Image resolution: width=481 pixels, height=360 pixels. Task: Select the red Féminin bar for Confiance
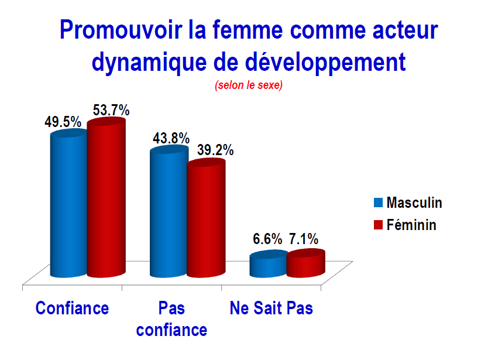pyautogui.click(x=106, y=198)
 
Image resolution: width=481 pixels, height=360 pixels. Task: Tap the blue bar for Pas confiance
pyautogui.click(x=169, y=211)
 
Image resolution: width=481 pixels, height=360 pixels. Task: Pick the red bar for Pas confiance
pyautogui.click(x=206, y=218)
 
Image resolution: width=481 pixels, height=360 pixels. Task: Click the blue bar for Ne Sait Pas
pyautogui.click(x=269, y=263)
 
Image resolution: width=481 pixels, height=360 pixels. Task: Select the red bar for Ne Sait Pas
pyautogui.click(x=306, y=263)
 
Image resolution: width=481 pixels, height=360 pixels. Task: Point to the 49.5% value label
pyautogui.click(x=63, y=122)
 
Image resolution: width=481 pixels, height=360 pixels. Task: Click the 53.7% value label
pyautogui.click(x=111, y=110)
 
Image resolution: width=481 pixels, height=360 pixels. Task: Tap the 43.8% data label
pyautogui.click(x=171, y=138)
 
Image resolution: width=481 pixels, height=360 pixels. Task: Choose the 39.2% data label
pyautogui.click(x=215, y=150)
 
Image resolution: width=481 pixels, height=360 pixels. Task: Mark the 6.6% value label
pyautogui.click(x=267, y=239)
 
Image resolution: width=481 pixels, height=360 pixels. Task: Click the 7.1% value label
pyautogui.click(x=304, y=239)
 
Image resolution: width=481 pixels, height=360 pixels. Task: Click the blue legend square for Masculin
pyautogui.click(x=378, y=203)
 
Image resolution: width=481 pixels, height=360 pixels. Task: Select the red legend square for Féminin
pyautogui.click(x=378, y=225)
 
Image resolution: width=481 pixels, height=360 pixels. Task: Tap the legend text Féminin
pyautogui.click(x=411, y=225)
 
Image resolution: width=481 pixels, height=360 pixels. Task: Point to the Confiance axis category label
pyautogui.click(x=72, y=308)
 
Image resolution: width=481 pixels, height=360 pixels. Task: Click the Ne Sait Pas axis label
pyautogui.click(x=271, y=308)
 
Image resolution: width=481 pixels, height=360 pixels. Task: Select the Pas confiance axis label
pyautogui.click(x=172, y=319)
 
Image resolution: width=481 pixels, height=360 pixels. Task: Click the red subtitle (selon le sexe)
pyautogui.click(x=249, y=85)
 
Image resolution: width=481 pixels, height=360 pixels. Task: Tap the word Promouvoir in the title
pyautogui.click(x=121, y=30)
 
